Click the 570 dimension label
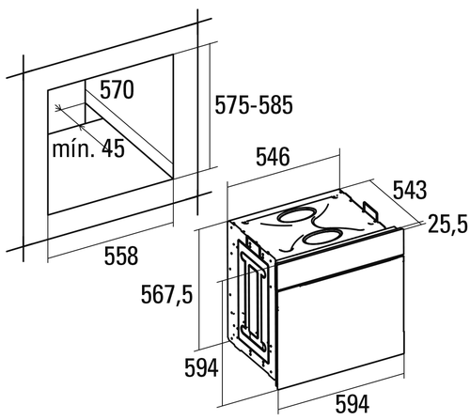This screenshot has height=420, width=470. tap(117, 90)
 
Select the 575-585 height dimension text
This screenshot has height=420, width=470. tap(254, 105)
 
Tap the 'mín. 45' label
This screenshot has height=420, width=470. tap(88, 148)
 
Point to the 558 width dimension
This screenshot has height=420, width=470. tap(121, 256)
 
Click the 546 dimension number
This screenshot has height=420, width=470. tap(273, 157)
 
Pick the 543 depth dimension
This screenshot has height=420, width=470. tap(410, 190)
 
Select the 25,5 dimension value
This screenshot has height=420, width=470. tap(448, 224)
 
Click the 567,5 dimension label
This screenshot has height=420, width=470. tap(166, 294)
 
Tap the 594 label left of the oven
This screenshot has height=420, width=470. tap(201, 368)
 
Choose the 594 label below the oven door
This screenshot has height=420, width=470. tap(352, 404)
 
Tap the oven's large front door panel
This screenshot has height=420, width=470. tap(340, 323)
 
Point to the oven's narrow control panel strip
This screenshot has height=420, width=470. tap(340, 259)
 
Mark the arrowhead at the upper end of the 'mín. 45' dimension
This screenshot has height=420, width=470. tap(58, 107)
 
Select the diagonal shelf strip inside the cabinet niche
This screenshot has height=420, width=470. tap(129, 131)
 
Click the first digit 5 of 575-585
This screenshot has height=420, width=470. tap(220, 105)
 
